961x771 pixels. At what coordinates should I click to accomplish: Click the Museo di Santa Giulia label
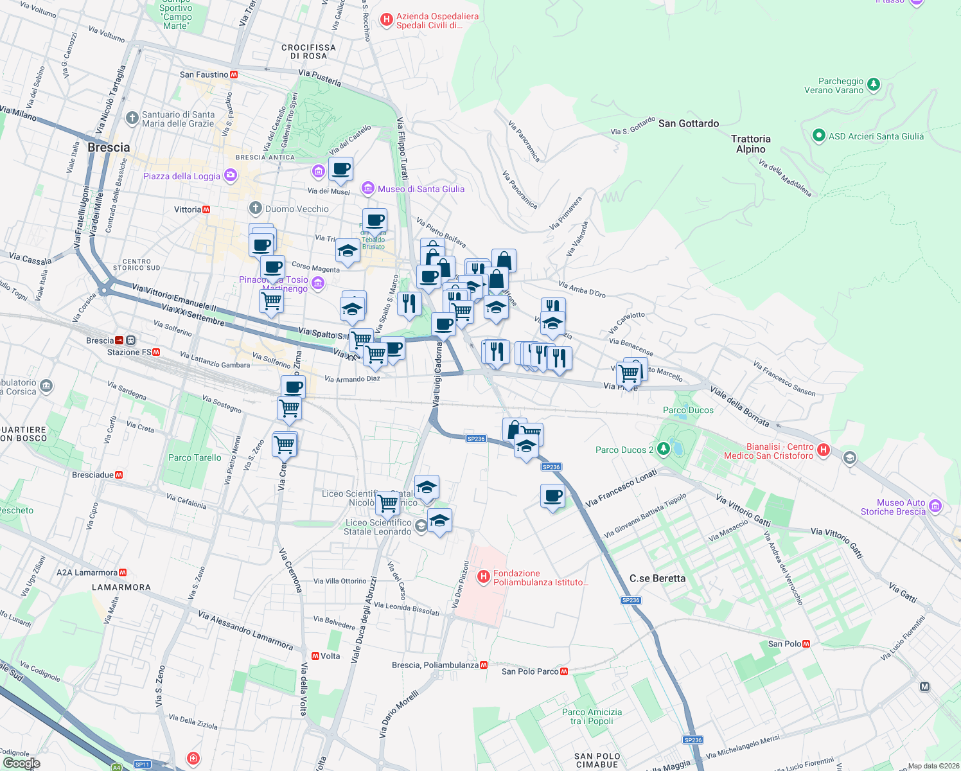pyautogui.click(x=421, y=189)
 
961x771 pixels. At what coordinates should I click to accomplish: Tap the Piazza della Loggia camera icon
pyautogui.click(x=231, y=175)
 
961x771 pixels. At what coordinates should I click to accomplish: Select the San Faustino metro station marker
pyautogui.click(x=234, y=75)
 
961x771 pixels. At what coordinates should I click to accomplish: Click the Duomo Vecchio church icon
pyautogui.click(x=256, y=208)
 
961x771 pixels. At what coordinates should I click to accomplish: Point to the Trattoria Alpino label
pyautogui.click(x=750, y=144)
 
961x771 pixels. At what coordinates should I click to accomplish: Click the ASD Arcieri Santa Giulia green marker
pyautogui.click(x=818, y=136)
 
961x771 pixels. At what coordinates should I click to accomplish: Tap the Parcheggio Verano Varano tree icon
pyautogui.click(x=873, y=84)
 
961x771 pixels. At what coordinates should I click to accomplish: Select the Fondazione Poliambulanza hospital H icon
pyautogui.click(x=484, y=577)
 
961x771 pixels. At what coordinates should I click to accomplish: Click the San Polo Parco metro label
pyautogui.click(x=530, y=671)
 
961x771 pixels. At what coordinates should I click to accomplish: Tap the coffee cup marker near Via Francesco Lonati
pyautogui.click(x=552, y=497)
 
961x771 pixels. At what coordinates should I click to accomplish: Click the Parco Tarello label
pyautogui.click(x=195, y=457)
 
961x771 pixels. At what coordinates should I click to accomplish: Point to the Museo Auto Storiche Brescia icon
pyautogui.click(x=935, y=506)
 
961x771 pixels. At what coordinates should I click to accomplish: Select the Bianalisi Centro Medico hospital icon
pyautogui.click(x=824, y=450)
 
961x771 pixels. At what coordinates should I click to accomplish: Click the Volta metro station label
pyautogui.click(x=330, y=656)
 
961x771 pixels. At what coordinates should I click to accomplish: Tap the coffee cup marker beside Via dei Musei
pyautogui.click(x=340, y=170)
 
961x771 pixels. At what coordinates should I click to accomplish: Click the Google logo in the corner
pyautogui.click(x=22, y=763)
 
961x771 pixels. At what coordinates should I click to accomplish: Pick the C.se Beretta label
pyautogui.click(x=657, y=578)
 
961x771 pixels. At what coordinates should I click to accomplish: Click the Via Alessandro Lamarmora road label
pyautogui.click(x=245, y=630)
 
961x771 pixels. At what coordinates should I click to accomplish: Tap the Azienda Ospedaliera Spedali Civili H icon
pyautogui.click(x=386, y=20)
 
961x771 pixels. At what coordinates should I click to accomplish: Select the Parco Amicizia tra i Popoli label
pyautogui.click(x=592, y=716)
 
